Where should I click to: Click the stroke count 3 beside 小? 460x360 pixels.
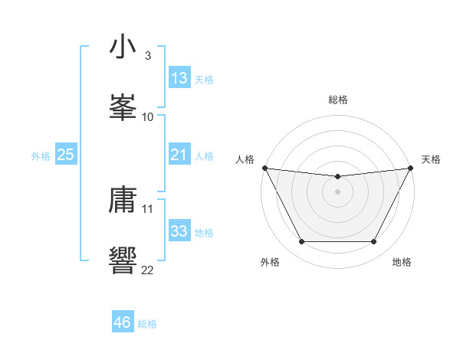(147, 56)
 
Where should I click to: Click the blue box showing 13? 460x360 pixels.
(179, 78)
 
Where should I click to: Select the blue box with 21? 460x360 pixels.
(179, 155)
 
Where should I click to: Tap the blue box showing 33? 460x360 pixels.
(179, 231)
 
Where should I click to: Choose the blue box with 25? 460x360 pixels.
(66, 155)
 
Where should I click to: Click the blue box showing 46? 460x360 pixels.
(123, 322)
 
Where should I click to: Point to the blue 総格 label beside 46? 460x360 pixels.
(147, 324)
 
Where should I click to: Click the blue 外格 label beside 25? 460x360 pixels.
(41, 156)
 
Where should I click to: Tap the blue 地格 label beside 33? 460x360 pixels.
(204, 233)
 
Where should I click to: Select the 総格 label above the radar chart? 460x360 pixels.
(337, 100)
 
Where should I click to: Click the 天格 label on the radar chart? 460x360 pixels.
(432, 159)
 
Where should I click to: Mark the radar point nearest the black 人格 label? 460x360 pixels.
(264, 168)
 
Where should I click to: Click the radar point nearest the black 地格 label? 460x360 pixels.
(374, 242)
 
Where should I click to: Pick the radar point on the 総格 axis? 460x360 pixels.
(337, 177)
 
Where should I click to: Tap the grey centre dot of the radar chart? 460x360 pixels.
(337, 191)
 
